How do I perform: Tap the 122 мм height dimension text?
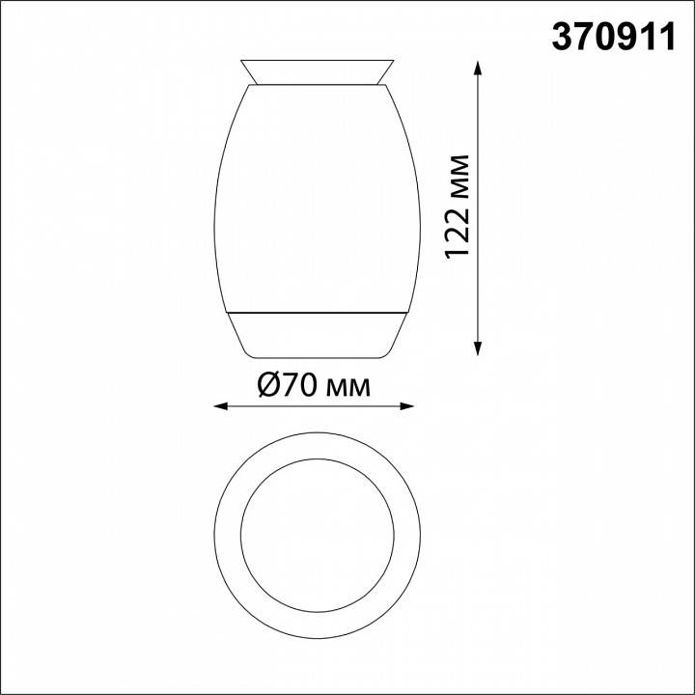[459, 206]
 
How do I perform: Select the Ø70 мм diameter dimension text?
[314, 386]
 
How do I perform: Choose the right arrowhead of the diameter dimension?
[417, 406]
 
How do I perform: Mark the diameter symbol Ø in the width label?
[270, 386]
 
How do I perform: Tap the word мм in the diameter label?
[348, 387]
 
